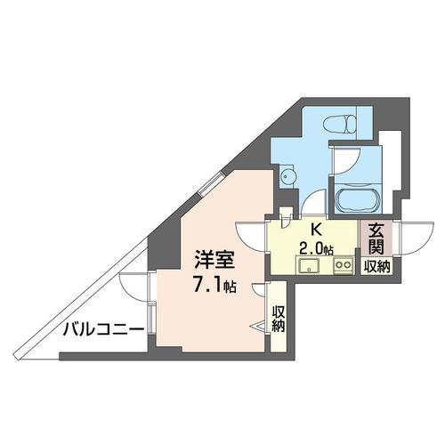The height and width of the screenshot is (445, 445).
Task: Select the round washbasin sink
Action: tap(287, 176)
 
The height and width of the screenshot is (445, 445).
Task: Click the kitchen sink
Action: tap(309, 265)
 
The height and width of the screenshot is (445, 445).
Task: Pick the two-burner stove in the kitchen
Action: tap(344, 264)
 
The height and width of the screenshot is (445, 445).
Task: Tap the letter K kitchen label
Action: tap(315, 230)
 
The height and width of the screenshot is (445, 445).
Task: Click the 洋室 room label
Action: tap(214, 259)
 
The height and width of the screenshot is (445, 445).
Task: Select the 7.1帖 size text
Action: tap(214, 286)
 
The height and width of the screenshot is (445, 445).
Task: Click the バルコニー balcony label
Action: tap(103, 329)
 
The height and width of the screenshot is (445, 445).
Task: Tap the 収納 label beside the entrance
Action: tap(376, 267)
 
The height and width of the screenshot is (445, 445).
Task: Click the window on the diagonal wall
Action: tap(210, 183)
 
